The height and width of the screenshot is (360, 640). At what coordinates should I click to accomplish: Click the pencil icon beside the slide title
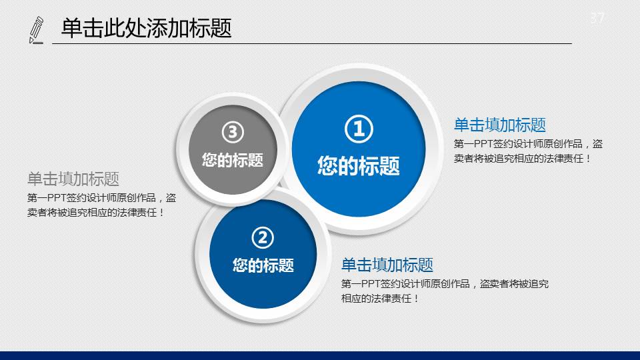(36, 30)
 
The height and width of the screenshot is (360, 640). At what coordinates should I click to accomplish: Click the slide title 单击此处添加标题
(147, 28)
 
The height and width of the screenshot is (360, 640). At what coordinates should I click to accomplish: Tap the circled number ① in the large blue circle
(359, 129)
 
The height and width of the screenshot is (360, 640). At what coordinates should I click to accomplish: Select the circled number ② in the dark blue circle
(263, 237)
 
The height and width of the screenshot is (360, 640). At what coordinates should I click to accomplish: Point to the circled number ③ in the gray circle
(233, 132)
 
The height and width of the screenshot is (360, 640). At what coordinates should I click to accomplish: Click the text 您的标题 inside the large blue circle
(359, 166)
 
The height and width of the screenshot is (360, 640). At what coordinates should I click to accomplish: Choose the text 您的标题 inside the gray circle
(233, 159)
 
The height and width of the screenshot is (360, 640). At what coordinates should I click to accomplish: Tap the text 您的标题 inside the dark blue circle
(263, 265)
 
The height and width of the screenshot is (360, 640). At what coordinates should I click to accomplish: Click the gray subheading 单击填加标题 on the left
(73, 179)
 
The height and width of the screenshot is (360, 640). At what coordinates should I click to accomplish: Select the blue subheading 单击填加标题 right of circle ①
(500, 125)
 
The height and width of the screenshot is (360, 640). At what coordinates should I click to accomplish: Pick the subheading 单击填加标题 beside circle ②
(387, 265)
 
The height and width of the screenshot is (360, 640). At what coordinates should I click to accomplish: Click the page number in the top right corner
(597, 17)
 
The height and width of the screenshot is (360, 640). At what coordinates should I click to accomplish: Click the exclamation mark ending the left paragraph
(161, 213)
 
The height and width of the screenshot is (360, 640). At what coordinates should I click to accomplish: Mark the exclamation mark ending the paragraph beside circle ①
(588, 159)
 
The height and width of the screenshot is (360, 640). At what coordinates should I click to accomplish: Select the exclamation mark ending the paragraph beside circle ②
(416, 299)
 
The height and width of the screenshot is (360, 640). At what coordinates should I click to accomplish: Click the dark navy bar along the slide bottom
(320, 355)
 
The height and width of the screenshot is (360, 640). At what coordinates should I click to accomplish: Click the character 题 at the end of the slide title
(221, 28)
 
